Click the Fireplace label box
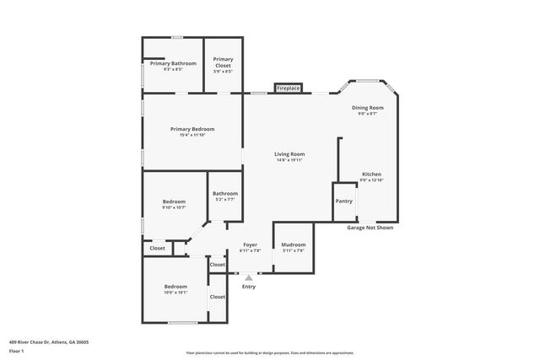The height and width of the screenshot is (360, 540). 289,88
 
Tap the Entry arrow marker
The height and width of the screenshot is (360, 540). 248,277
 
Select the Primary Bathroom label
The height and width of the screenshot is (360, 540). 173,63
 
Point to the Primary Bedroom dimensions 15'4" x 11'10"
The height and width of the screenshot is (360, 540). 192,136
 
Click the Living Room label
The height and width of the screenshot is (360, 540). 289,154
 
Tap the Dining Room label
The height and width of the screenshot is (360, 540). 368,108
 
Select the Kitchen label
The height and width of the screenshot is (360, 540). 372,174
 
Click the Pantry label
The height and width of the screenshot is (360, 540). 344,201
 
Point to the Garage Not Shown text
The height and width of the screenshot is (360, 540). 370,228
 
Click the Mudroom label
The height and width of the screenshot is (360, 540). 293,244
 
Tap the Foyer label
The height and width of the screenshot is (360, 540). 250,244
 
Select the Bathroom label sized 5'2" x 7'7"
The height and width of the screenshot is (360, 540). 224,194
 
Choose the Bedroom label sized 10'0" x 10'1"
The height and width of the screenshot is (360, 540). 175,287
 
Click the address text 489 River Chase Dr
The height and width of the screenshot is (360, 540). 49,342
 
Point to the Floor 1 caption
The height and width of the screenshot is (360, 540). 17,351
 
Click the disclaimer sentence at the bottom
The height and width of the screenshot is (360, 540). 270,352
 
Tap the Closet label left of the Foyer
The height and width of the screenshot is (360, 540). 218,265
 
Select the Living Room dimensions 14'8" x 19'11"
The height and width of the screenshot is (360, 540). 289,160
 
